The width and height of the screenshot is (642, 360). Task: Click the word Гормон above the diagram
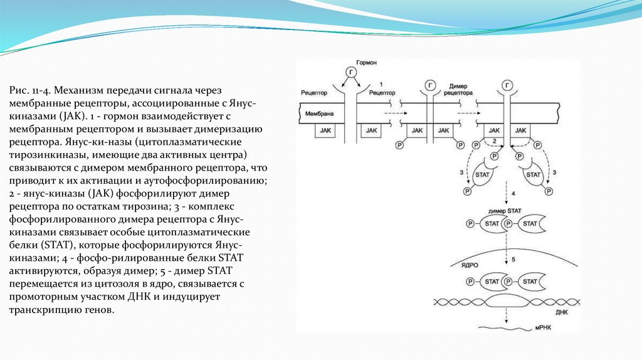coord(366,64)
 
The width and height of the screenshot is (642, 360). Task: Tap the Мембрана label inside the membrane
coord(319,115)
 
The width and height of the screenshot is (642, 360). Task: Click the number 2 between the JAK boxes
coord(494,140)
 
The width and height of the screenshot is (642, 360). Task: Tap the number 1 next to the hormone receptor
coord(381,84)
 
